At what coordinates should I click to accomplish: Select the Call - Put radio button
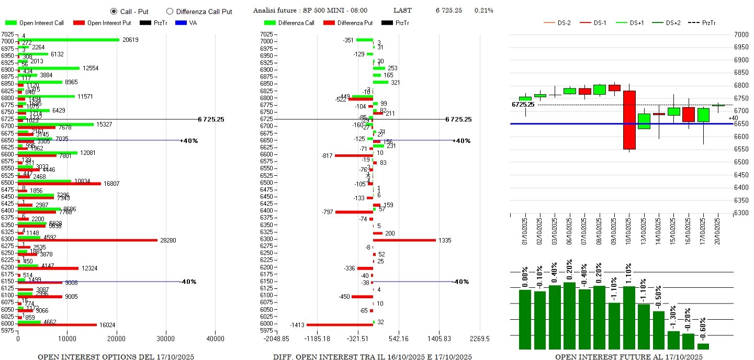coord(114,12)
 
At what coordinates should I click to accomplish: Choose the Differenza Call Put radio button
coord(170,12)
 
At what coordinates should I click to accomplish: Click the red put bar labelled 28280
coord(87,241)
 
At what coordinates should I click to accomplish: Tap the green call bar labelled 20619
coord(69,40)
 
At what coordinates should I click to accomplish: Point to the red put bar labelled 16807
coord(59,184)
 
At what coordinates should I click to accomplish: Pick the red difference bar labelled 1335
coord(404,240)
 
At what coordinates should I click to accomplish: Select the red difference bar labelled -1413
coord(340,325)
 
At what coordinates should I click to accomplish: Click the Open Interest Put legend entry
coord(102,23)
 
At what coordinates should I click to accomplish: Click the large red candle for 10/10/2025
coord(629,120)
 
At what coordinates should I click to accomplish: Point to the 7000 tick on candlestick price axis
coord(741,35)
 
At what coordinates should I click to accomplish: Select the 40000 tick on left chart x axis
coord(215,339)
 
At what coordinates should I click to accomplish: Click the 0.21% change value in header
coord(483,10)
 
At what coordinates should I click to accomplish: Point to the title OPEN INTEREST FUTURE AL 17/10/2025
coord(628,357)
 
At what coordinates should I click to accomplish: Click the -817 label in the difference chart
coord(328,155)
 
